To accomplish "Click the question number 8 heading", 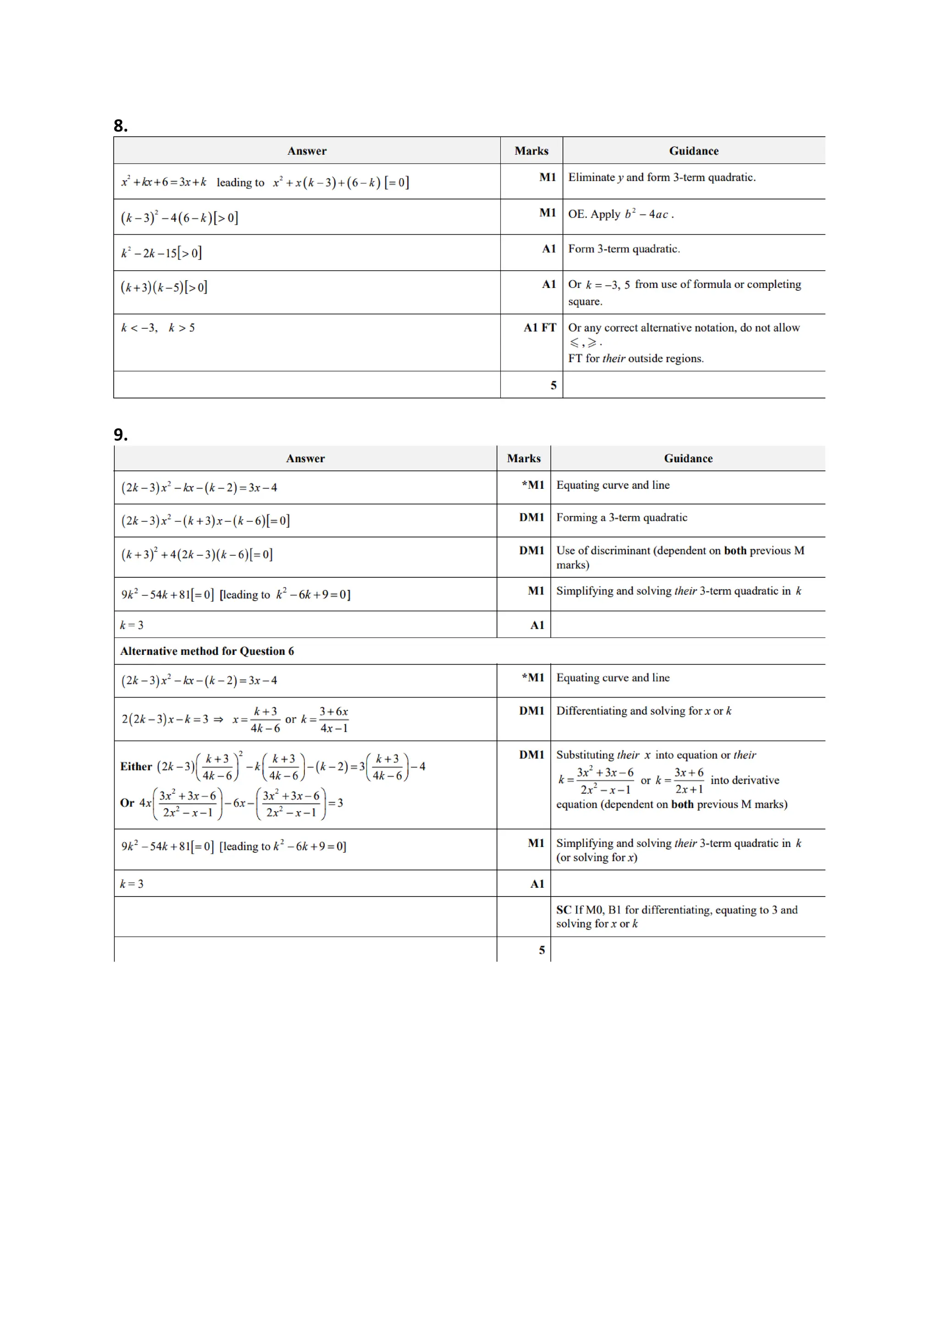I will click(120, 126).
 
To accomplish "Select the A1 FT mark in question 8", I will click(540, 328).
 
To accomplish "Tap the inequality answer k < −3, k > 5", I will click(158, 328).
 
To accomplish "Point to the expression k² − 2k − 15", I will click(161, 253).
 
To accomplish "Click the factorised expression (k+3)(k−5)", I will click(164, 288).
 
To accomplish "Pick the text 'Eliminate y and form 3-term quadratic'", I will click(662, 177).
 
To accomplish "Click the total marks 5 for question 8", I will click(553, 385).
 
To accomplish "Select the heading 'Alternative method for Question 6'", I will click(207, 651).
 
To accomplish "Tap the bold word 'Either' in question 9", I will click(136, 766).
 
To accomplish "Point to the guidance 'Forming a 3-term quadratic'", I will click(622, 518).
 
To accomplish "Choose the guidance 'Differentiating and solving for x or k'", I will click(644, 711).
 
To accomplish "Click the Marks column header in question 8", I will click(531, 151).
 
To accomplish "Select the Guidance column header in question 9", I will click(688, 459).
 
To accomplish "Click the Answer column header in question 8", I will click(307, 151).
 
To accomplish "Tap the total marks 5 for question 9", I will click(542, 950).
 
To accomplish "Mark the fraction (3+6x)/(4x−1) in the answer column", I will click(334, 719).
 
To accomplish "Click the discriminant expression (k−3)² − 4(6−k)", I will click(179, 217).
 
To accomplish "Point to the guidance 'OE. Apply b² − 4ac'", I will click(620, 214).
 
